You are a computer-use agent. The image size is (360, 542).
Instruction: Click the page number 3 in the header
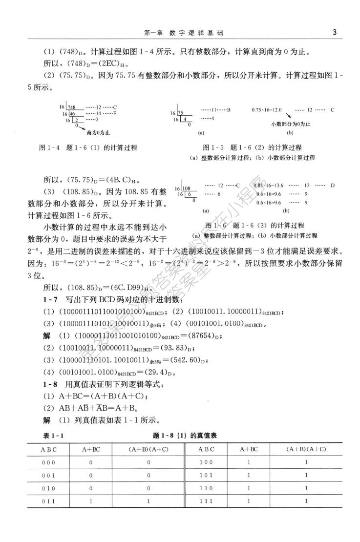pyautogui.click(x=334, y=33)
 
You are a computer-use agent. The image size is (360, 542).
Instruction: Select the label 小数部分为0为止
pyautogui.click(x=291, y=124)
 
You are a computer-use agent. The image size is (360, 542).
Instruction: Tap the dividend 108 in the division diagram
pyautogui.click(x=188, y=188)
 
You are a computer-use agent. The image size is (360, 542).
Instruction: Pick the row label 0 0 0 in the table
pyautogui.click(x=49, y=461)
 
